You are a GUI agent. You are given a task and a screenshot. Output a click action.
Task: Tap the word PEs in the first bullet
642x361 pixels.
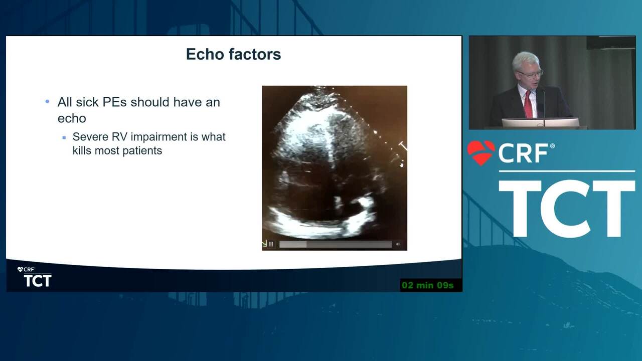tap(115, 102)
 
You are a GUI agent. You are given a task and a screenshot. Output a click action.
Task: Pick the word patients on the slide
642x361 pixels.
tap(142, 151)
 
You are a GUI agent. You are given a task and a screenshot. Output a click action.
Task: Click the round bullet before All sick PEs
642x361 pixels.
tap(47, 101)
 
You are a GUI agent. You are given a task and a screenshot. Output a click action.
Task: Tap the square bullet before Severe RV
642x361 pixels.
tap(64, 138)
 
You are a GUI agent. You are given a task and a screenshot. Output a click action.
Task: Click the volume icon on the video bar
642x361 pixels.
tap(398, 244)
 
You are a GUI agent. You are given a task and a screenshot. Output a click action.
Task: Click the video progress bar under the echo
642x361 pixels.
tap(336, 244)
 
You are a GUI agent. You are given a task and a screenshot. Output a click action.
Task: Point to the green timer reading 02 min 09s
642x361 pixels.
tap(428, 285)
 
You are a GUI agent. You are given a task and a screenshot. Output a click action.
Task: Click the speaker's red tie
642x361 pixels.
tap(528, 104)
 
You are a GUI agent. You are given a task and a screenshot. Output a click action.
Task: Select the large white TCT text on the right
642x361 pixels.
tap(567, 209)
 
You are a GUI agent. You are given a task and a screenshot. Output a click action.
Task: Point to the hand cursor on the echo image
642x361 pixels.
tap(402, 164)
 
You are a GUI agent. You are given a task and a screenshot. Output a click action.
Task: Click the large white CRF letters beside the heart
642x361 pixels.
tap(523, 153)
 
